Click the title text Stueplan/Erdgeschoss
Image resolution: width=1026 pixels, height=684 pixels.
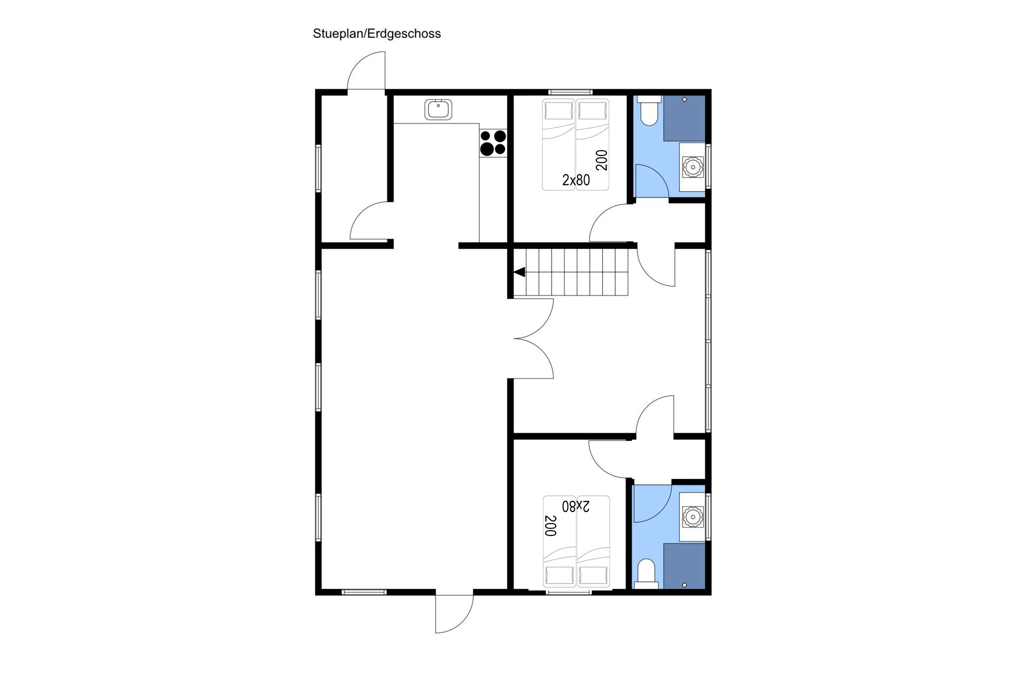pos(377,34)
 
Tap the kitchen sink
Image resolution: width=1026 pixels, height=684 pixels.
pos(439,110)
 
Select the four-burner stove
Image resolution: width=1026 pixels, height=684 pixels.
pos(493,143)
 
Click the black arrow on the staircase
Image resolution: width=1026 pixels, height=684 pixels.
pos(519,273)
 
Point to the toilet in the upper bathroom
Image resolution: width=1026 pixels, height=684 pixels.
pos(649,111)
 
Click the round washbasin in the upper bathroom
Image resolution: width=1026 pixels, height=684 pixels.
pos(693,167)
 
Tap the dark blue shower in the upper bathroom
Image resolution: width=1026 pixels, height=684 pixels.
pos(685,118)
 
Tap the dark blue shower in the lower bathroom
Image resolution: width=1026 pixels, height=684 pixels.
pos(685,566)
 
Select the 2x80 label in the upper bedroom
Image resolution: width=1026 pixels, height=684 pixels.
pos(576,180)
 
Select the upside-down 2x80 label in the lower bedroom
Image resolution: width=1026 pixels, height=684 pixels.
pos(576,506)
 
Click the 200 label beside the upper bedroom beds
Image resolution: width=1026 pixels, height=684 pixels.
pos(602,160)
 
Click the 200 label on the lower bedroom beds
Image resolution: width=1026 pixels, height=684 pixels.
pos(550,525)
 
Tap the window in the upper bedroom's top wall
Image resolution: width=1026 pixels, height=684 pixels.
pos(570,92)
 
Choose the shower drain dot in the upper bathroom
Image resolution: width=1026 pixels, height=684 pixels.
pos(685,99)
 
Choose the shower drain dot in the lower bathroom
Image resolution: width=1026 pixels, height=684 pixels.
pos(685,585)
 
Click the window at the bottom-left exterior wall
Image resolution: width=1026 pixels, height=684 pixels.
pos(364,592)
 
